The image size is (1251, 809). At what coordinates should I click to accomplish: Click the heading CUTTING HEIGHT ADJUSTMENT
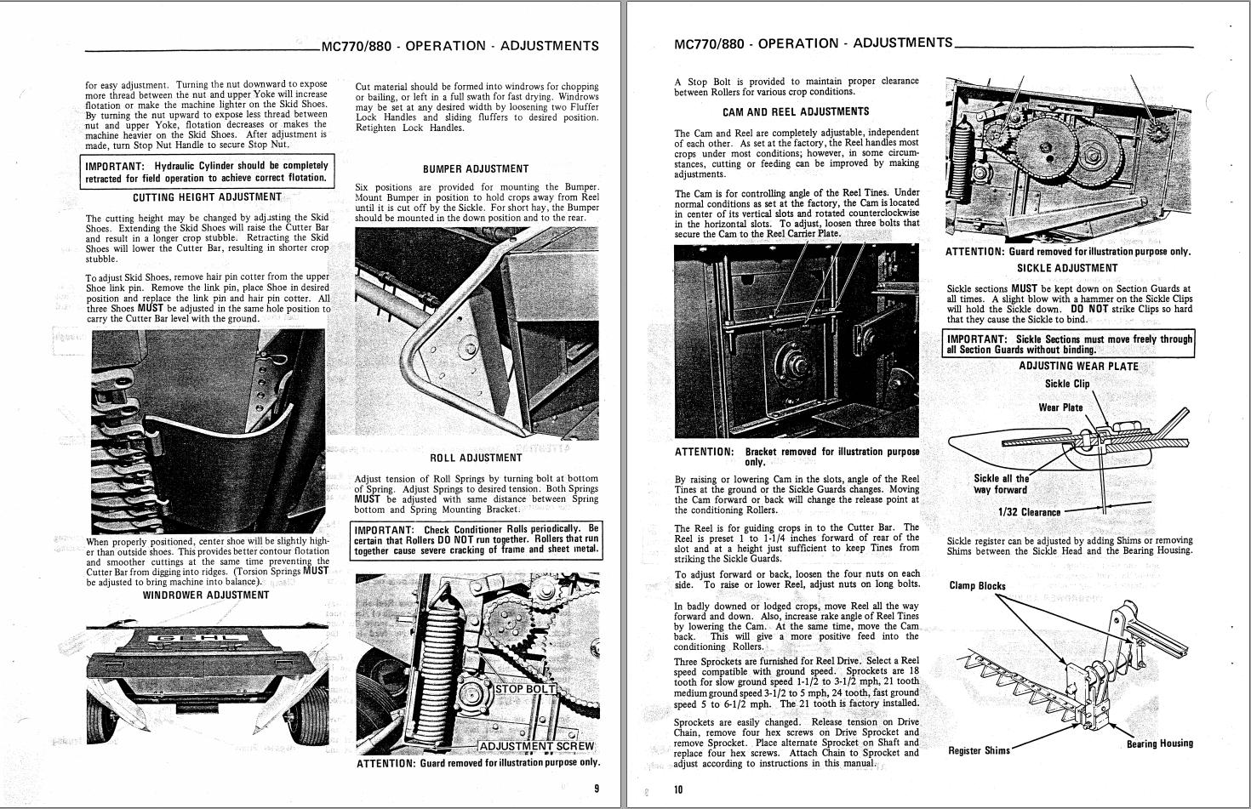pyautogui.click(x=207, y=197)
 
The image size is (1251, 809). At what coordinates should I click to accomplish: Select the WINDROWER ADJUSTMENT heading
pyautogui.click(x=206, y=595)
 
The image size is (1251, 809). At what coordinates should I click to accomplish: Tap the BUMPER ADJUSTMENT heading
pyautogui.click(x=476, y=168)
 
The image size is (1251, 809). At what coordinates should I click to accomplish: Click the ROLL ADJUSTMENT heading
pyautogui.click(x=476, y=458)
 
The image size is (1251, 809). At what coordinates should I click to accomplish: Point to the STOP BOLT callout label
pyautogui.click(x=525, y=689)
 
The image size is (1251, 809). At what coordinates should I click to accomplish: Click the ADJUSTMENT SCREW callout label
pyautogui.click(x=536, y=746)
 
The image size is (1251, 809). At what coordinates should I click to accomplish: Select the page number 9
pyautogui.click(x=596, y=789)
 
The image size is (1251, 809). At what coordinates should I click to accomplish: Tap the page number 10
pyautogui.click(x=678, y=789)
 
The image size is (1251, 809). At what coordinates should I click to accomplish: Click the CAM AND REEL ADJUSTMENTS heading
pyautogui.click(x=796, y=111)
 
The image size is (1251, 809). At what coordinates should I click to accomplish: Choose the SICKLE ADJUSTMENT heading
pyautogui.click(x=1067, y=268)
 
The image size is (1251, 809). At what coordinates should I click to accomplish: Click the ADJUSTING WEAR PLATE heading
pyautogui.click(x=1078, y=367)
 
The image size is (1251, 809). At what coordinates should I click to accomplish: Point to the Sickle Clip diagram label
pyautogui.click(x=1066, y=384)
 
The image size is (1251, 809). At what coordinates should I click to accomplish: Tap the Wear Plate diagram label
pyautogui.click(x=1060, y=407)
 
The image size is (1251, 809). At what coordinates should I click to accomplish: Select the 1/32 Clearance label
pyautogui.click(x=1029, y=512)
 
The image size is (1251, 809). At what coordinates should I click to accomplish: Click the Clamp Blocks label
pyautogui.click(x=977, y=585)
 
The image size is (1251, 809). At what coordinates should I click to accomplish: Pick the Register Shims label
pyautogui.click(x=979, y=750)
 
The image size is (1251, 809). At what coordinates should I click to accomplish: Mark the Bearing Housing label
pyautogui.click(x=1159, y=743)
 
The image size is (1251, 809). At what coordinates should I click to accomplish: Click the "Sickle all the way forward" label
pyautogui.click(x=1000, y=484)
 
